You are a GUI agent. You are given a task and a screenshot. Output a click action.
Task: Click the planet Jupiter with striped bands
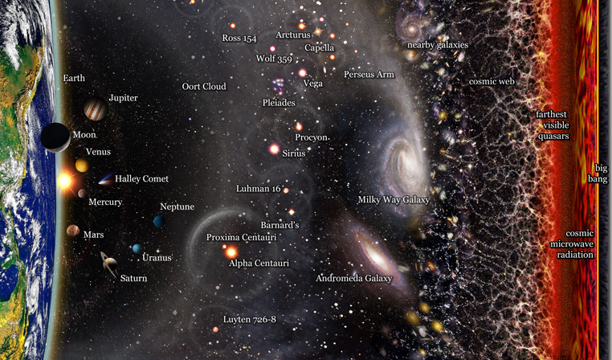(x=95, y=110)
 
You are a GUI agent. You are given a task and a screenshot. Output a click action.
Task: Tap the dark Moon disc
(x=56, y=137)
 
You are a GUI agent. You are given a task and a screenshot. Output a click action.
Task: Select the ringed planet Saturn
(x=108, y=262)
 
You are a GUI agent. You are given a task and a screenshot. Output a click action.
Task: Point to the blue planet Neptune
(x=159, y=220)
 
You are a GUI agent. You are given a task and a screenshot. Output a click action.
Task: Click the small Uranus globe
(x=137, y=248)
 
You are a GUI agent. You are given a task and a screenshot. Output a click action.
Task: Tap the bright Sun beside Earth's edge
(x=64, y=182)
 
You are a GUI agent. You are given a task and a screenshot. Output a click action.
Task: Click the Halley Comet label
(x=141, y=178)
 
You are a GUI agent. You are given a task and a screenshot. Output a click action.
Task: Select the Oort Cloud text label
(x=204, y=86)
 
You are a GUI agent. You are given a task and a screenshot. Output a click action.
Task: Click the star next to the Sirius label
(x=274, y=149)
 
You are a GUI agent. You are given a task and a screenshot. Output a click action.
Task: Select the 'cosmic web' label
(x=492, y=81)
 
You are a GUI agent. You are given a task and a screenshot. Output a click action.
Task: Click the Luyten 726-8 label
(x=249, y=319)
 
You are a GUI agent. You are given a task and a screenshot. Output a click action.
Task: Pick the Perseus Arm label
(x=369, y=75)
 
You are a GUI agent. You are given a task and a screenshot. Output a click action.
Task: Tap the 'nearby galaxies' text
(x=437, y=45)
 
